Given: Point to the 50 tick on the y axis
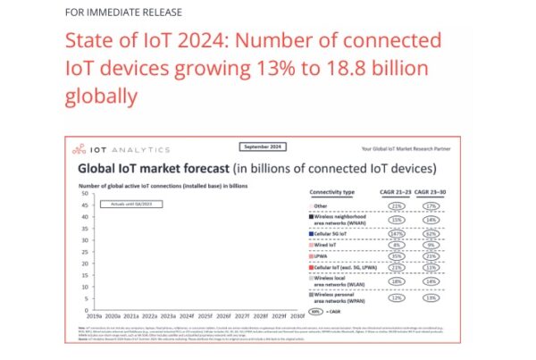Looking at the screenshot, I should click(83, 193).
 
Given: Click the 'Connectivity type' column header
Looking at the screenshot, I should click(332, 192).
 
